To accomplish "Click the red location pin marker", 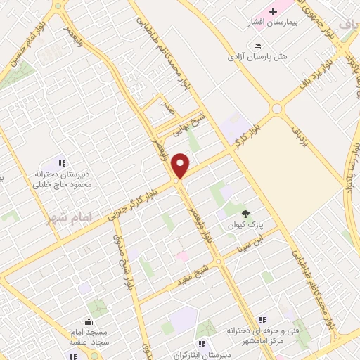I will click(181, 165).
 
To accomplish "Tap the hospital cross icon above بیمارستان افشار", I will click(273, 11).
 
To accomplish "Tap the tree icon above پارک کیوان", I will click(245, 214).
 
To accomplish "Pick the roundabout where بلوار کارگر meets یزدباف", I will click(276, 108).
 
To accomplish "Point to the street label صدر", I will click(167, 108).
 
